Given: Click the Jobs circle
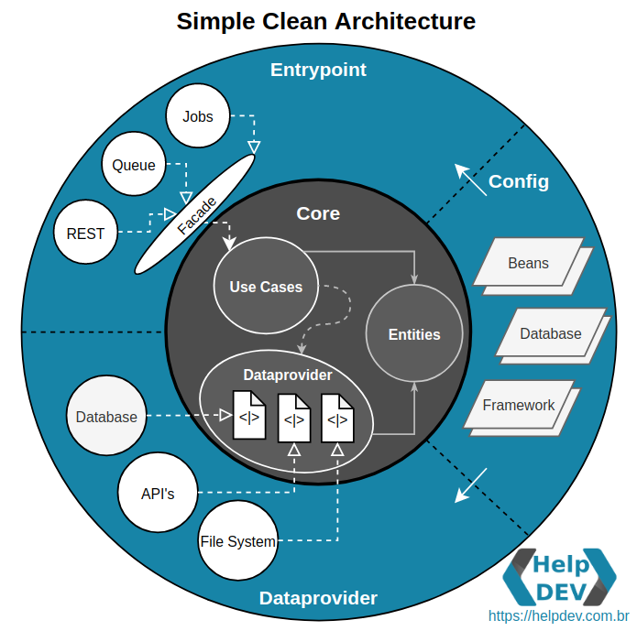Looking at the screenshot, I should click(x=197, y=116).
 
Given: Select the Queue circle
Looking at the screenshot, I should click(x=134, y=166).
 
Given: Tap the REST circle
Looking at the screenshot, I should click(x=85, y=234).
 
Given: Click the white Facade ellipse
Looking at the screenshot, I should click(x=194, y=213).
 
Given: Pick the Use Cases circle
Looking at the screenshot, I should click(x=265, y=287).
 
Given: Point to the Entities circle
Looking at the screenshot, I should click(x=414, y=334).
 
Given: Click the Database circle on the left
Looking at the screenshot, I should click(x=106, y=417).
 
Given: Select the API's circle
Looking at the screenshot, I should click(x=158, y=493).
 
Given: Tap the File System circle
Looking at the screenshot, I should click(x=237, y=541).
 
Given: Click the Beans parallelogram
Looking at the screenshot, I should click(x=528, y=263).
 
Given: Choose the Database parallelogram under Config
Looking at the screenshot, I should click(x=550, y=333).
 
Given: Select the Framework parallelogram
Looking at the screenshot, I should click(x=519, y=405).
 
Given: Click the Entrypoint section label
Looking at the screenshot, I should click(x=318, y=70).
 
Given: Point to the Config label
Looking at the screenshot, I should click(x=519, y=181).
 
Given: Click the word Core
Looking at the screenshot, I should click(x=318, y=213).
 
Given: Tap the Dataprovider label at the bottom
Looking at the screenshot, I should click(x=318, y=598).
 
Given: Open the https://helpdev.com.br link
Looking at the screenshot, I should click(x=558, y=617).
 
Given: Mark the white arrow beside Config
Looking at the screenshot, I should click(x=471, y=180).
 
